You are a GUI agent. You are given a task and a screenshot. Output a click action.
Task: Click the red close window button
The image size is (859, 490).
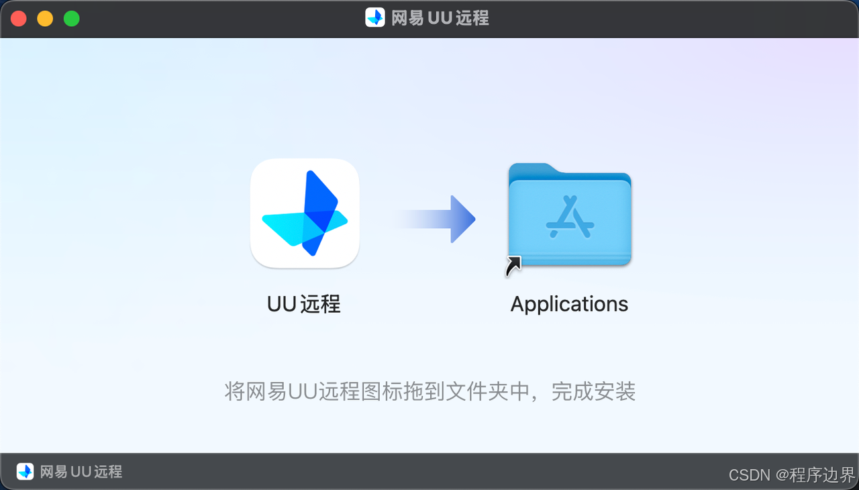pos(19,19)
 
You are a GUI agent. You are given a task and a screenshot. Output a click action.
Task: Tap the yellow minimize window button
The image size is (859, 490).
pos(45,19)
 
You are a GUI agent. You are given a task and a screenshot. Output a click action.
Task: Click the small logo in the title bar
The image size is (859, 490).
pos(374,17)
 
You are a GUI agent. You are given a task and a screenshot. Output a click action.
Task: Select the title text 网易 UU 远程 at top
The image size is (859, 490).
pos(440,18)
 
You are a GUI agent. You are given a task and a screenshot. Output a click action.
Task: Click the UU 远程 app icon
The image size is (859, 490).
pos(305,213)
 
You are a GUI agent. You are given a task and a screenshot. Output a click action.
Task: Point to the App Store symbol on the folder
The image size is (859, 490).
pos(569,217)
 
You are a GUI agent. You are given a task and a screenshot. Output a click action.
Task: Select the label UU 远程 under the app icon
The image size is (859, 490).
pos(304,304)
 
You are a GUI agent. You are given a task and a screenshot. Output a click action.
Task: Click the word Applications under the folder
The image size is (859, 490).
pos(569,304)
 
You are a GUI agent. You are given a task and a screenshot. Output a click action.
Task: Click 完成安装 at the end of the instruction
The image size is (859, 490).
pos(593,391)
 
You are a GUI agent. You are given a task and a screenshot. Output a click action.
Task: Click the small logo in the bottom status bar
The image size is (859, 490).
pos(25,471)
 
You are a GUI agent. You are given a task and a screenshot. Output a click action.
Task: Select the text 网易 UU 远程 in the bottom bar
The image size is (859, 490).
pos(81,471)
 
